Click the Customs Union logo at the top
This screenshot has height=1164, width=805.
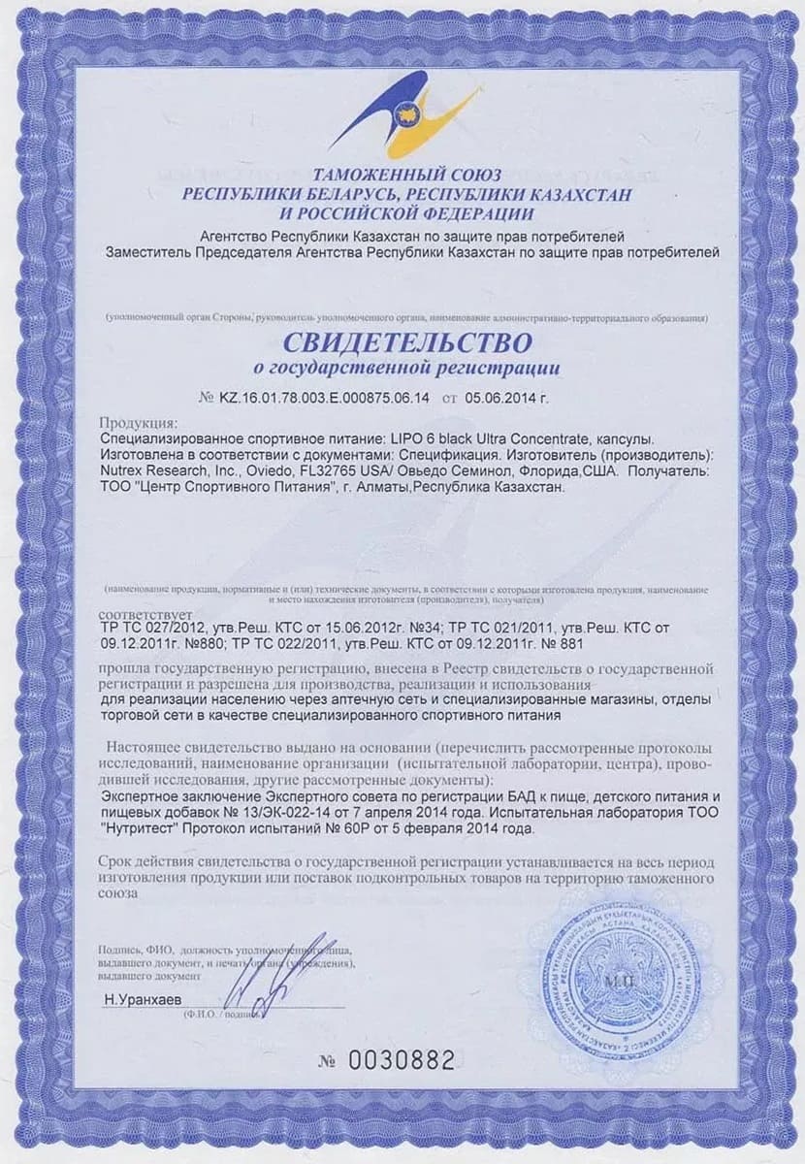point(405,113)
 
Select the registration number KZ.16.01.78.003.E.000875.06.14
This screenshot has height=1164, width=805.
point(325,398)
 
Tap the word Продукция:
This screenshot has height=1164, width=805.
point(139,424)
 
